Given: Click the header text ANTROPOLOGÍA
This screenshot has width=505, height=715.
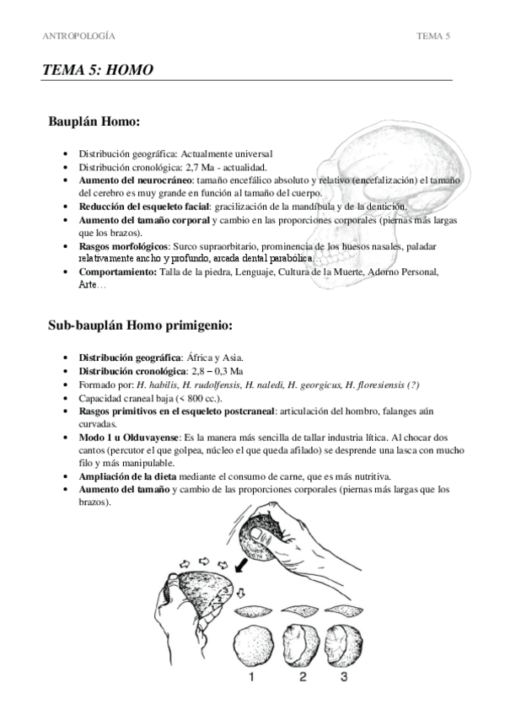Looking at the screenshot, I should (79, 36).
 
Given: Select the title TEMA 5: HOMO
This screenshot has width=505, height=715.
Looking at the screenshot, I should (98, 71).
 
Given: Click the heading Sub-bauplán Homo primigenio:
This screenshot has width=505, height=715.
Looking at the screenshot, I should (141, 325).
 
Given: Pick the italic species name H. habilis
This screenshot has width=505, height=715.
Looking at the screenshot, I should (164, 384).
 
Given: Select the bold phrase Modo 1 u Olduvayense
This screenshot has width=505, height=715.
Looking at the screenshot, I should (129, 438).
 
